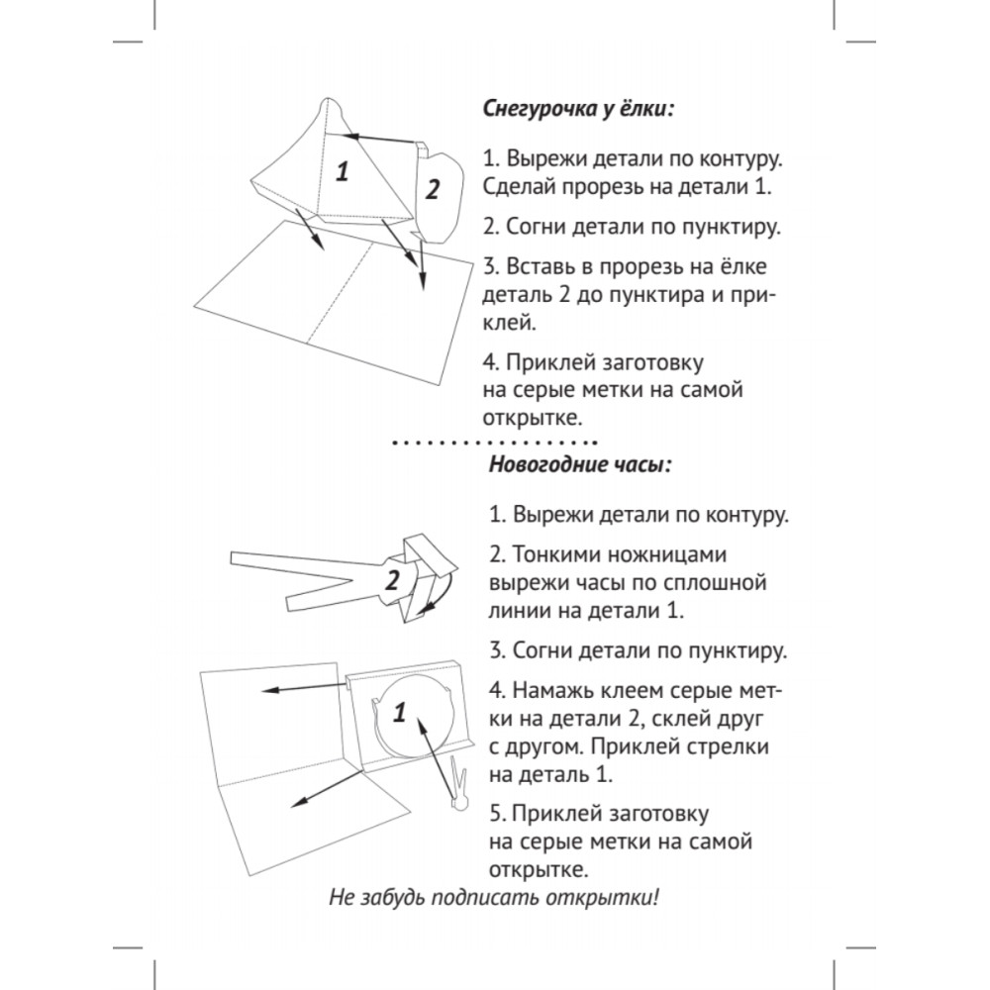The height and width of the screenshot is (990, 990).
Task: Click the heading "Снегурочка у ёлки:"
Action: click(x=579, y=109)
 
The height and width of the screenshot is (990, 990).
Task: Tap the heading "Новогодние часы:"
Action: click(x=579, y=465)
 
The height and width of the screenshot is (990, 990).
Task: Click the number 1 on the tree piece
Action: click(x=343, y=171)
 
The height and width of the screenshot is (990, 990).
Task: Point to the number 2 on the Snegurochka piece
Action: click(x=432, y=189)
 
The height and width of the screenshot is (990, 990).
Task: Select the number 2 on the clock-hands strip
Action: click(x=392, y=581)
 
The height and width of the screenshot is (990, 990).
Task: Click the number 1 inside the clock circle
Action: click(x=400, y=711)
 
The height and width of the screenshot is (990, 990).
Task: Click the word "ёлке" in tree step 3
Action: click(x=744, y=266)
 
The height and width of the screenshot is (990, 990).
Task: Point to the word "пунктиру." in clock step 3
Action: click(x=731, y=650)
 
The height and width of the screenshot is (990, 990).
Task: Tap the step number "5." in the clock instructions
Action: click(x=499, y=814)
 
